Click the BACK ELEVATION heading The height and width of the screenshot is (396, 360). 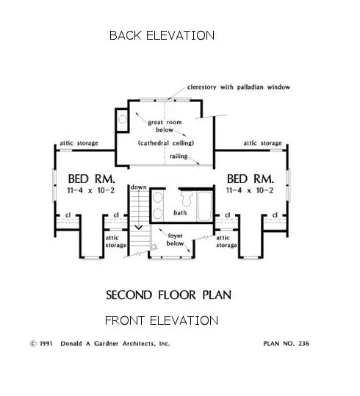(162, 35)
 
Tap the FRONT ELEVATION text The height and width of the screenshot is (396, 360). (162, 320)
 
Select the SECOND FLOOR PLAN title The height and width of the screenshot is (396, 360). (168, 295)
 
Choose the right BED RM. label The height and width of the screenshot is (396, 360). (251, 179)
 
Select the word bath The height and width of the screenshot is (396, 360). (181, 212)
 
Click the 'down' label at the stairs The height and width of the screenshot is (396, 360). (139, 188)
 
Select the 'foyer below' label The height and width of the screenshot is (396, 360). (176, 240)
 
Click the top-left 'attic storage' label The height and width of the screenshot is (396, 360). (78, 143)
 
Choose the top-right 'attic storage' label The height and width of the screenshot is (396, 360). (262, 143)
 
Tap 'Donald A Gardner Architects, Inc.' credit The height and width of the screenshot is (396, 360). (121, 343)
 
